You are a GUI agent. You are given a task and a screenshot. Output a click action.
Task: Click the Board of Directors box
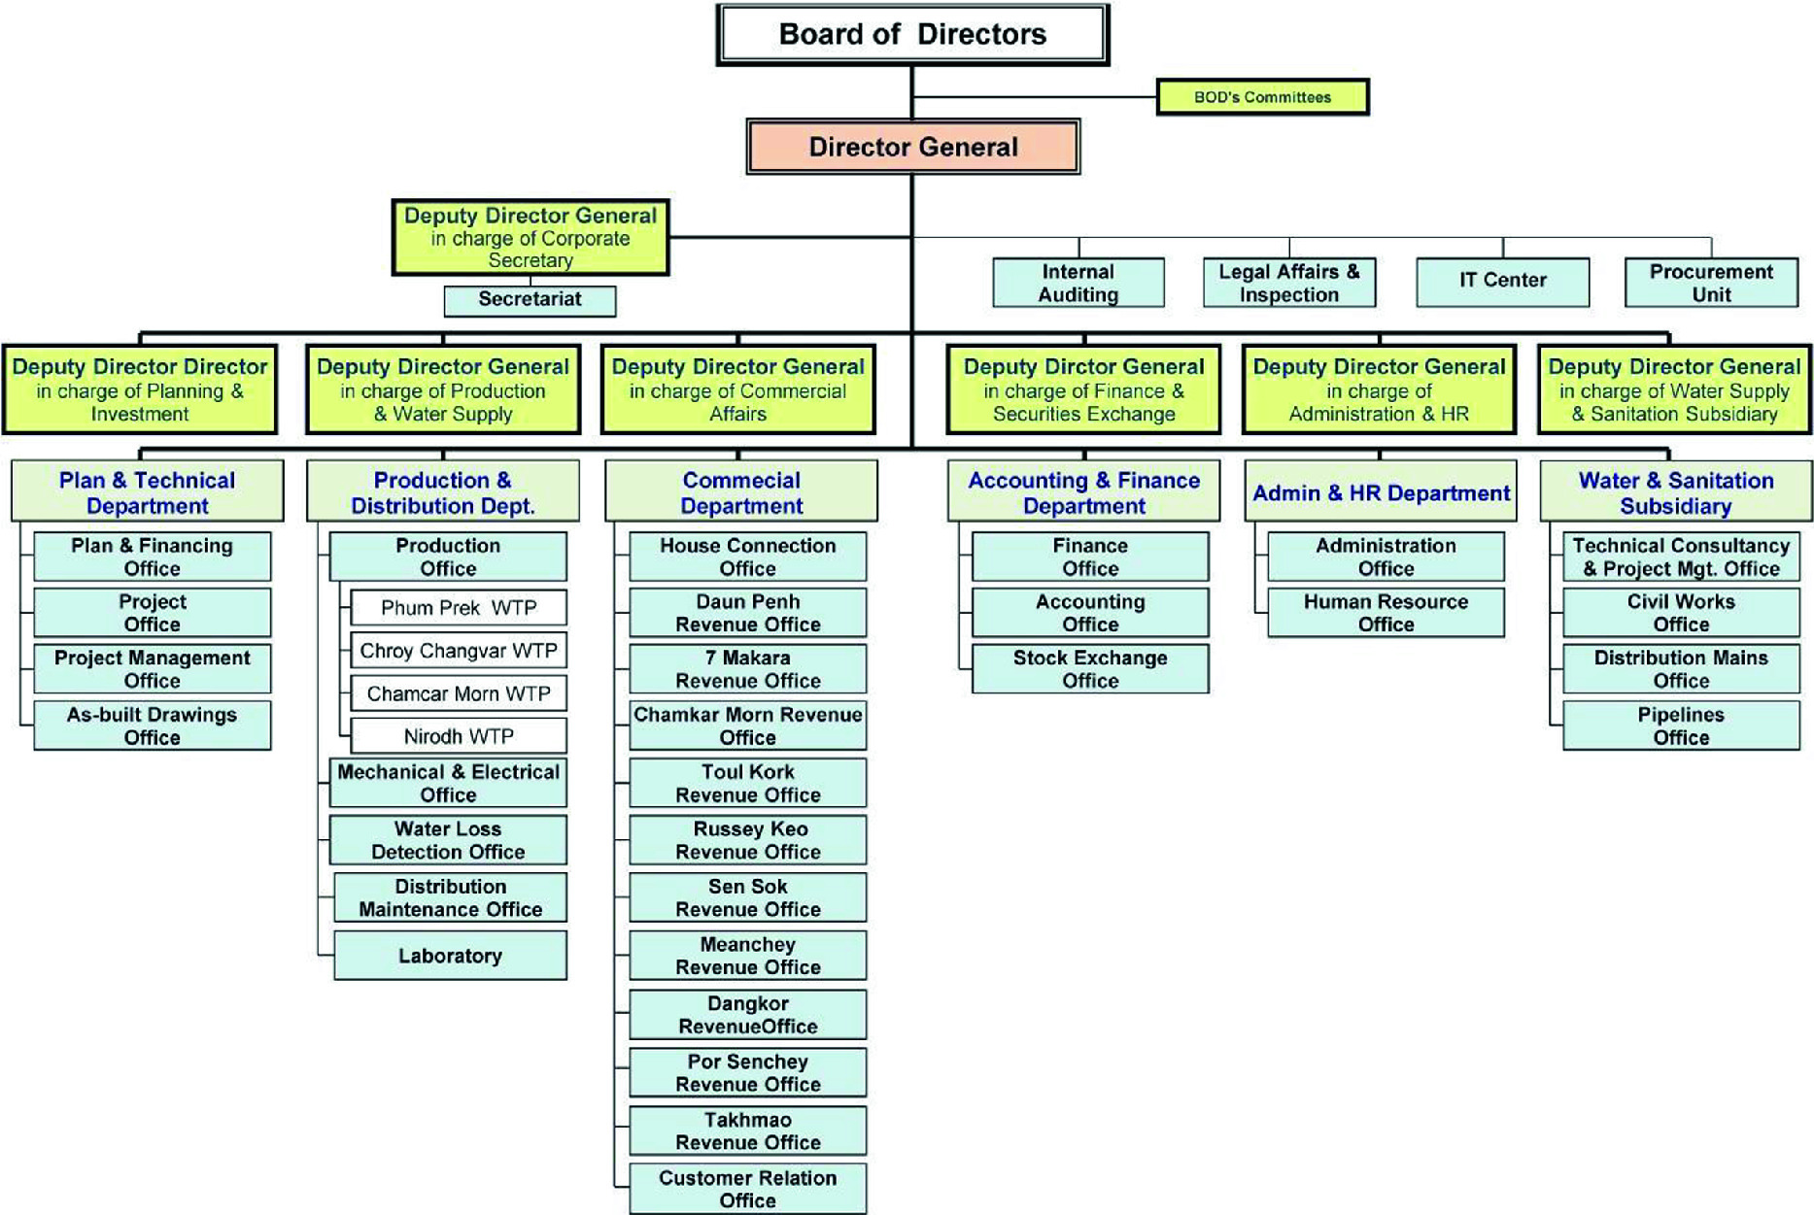pos(912,35)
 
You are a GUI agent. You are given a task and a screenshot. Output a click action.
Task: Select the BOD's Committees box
pos(1262,97)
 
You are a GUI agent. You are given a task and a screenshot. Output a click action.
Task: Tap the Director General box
pos(912,148)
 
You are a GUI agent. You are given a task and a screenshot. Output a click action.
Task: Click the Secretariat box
pos(530,300)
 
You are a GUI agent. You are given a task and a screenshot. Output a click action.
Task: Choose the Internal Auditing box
pos(1078,283)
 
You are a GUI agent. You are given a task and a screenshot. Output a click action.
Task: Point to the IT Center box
pos(1502,282)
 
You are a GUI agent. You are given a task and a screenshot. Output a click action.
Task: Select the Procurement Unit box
pos(1710,283)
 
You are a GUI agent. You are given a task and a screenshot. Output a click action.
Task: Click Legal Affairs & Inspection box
pos(1288,283)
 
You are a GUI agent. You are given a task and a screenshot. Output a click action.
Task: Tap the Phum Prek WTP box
pos(458,608)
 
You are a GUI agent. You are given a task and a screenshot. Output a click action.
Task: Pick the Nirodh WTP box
pos(458,736)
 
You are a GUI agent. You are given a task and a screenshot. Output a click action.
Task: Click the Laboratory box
pos(450,956)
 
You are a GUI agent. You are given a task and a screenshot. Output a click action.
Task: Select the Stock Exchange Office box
pos(1090,669)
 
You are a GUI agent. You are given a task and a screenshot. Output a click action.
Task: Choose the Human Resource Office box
pos(1386,613)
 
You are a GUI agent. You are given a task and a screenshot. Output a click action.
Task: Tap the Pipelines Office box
pos(1681,726)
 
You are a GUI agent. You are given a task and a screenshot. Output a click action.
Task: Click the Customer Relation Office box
pos(747,1189)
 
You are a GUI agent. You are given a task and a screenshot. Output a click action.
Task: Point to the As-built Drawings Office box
pos(152,726)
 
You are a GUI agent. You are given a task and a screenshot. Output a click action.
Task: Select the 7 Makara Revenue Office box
pos(747,669)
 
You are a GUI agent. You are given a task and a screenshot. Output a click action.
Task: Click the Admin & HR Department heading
pos(1380,492)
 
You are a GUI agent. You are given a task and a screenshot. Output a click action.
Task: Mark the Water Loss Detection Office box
pos(448,840)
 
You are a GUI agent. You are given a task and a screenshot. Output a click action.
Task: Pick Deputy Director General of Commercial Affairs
pos(737,389)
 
